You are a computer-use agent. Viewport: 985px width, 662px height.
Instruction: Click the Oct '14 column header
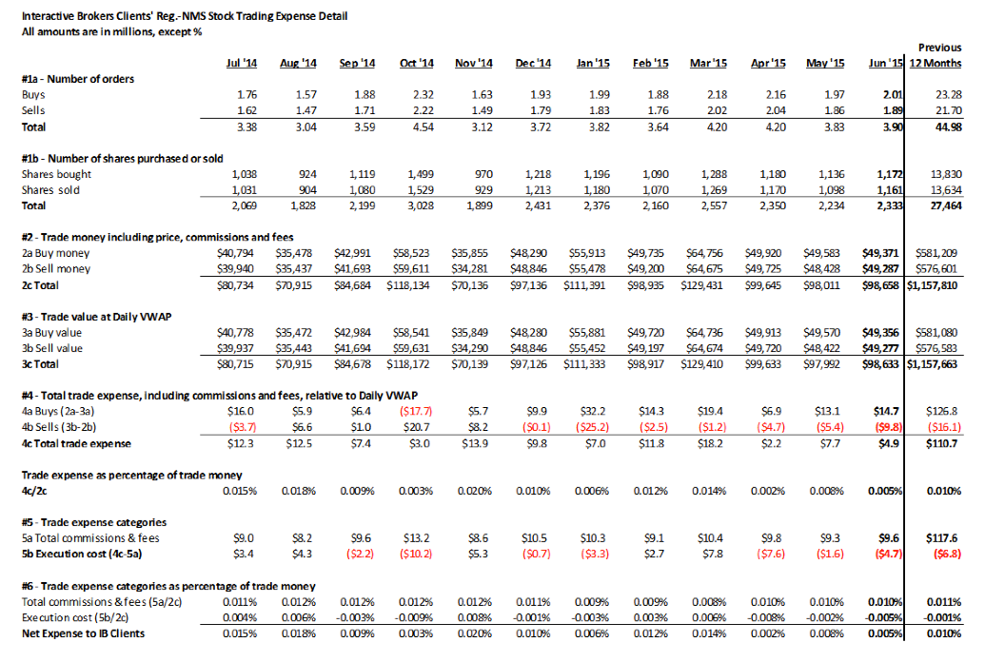coord(417,64)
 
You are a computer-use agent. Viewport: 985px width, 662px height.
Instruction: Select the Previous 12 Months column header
coord(936,55)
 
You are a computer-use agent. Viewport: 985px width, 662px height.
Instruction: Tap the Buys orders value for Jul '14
coord(246,95)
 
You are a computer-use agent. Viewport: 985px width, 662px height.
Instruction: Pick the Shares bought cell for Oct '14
coord(421,174)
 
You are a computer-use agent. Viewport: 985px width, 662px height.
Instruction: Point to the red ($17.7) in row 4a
coord(416,412)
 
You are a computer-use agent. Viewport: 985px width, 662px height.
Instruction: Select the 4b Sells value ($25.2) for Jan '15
coord(592,427)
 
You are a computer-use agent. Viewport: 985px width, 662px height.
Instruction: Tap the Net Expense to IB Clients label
coord(83,633)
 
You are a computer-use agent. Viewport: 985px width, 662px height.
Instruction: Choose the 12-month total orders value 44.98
coord(948,127)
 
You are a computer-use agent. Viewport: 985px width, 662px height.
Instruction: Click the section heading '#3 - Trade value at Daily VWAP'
coord(96,317)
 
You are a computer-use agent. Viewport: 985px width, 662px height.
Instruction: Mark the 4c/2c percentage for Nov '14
coord(474,491)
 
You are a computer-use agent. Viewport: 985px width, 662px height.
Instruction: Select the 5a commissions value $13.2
coord(417,538)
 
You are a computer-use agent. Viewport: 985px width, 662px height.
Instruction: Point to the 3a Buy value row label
coord(51,333)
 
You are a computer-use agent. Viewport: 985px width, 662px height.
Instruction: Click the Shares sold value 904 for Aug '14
coord(307,190)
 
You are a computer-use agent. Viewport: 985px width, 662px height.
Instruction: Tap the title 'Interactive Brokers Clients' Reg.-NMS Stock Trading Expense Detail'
coord(185,16)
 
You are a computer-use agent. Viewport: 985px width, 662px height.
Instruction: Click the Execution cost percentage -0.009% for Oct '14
coord(415,617)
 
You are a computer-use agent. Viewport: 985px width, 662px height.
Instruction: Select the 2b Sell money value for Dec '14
coord(528,269)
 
